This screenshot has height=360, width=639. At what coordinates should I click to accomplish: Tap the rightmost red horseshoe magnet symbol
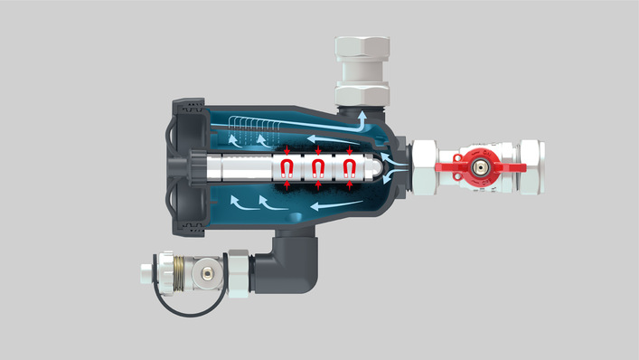(x=348, y=167)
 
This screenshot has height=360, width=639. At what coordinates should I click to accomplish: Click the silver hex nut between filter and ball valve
(x=423, y=167)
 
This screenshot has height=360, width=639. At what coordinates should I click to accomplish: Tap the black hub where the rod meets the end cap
(x=193, y=167)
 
